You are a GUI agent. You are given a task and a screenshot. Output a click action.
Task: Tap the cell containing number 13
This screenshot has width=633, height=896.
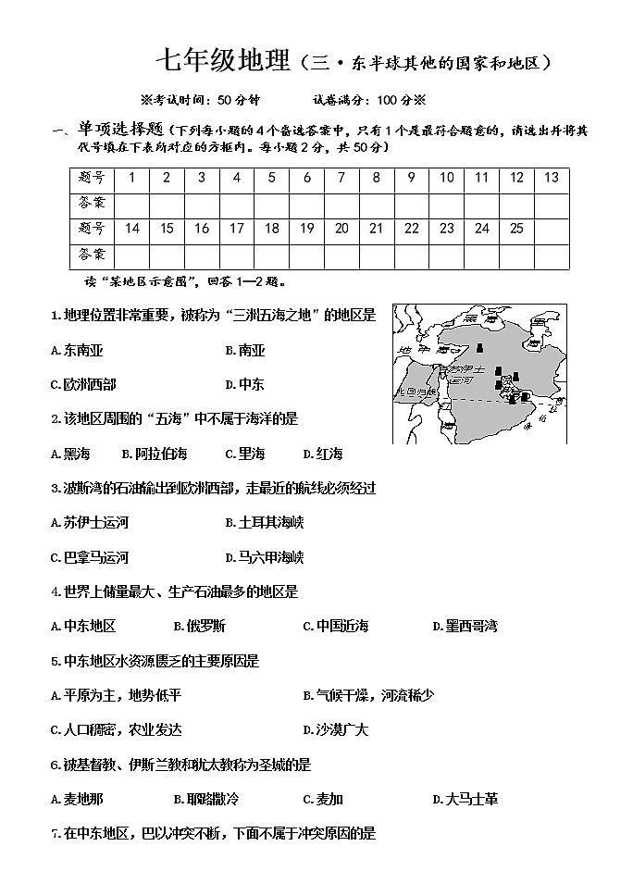(552, 178)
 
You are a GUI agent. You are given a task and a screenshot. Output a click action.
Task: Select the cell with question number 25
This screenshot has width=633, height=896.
(516, 228)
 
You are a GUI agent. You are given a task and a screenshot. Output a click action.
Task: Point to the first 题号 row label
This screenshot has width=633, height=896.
(92, 178)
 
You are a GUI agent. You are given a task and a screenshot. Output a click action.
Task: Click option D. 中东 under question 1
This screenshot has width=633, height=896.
(245, 384)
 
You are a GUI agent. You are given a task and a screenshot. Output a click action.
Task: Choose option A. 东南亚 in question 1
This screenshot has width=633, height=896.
(77, 350)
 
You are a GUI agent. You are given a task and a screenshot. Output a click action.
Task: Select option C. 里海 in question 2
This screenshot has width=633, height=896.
(245, 454)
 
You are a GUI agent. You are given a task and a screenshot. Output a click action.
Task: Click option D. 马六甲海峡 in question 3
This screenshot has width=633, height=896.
(265, 557)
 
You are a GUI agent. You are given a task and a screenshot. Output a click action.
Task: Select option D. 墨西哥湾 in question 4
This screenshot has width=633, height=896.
(465, 627)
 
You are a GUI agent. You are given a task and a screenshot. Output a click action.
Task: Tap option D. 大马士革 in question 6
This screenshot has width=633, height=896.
(465, 799)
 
